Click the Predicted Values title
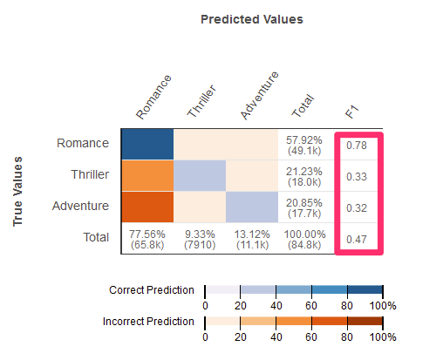[252, 19]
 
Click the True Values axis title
[17, 192]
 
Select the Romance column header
[153, 97]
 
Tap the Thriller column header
[201, 101]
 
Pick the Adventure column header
[260, 95]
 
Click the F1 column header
[352, 112]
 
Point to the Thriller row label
[90, 174]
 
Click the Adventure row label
[80, 206]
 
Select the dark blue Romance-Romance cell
[147, 144]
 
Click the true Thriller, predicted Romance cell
[147, 175]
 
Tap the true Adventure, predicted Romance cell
[147, 207]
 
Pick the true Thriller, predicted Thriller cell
[200, 175]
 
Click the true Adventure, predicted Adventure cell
[252, 207]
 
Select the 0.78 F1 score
[357, 146]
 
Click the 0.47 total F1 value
[357, 240]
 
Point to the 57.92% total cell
[304, 146]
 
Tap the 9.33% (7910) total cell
[200, 240]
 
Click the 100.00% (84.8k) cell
[304, 240]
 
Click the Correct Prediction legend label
[152, 290]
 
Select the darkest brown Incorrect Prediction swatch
[365, 321]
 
